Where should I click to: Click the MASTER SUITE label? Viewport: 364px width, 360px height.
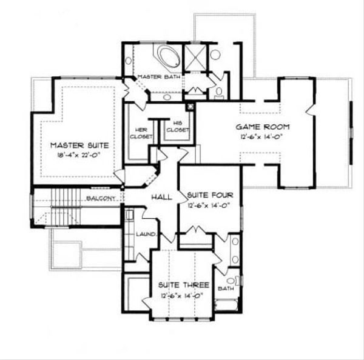79,145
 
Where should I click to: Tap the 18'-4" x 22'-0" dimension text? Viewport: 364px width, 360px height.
79,156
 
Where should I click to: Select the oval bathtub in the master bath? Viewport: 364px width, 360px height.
168,59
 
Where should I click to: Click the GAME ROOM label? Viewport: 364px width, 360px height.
263,127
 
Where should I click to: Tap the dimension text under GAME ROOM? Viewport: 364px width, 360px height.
263,138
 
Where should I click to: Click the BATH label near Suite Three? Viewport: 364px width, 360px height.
226,288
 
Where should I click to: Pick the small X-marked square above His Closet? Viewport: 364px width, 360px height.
190,107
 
